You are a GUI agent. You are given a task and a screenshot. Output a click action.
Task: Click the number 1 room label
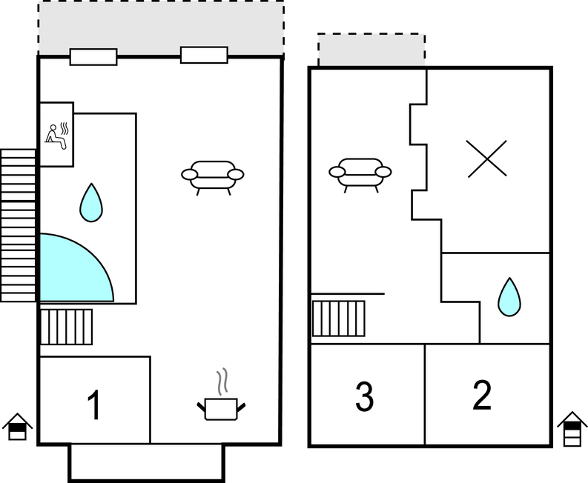point(93,405)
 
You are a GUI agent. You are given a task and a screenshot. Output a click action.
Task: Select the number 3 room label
point(364,397)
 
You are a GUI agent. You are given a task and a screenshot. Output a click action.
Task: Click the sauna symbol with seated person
point(56,134)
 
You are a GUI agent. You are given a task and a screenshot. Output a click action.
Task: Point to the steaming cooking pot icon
point(221,400)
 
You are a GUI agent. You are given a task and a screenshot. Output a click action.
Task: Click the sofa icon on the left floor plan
point(213,176)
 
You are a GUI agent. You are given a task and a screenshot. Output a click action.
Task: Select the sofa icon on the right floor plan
point(360,174)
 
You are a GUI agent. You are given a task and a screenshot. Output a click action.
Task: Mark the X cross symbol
point(488,158)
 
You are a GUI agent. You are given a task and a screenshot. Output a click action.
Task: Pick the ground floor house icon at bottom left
point(17,427)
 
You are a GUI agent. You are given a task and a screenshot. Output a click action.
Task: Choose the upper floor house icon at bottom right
point(572,428)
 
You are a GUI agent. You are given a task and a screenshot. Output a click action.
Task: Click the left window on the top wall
point(93,56)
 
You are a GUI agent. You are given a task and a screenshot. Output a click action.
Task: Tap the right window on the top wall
point(204,55)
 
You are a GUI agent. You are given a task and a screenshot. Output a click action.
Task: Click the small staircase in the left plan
point(66,327)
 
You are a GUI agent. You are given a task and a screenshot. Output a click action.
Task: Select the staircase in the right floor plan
point(338,319)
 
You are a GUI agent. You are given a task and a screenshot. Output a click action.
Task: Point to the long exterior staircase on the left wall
point(19,225)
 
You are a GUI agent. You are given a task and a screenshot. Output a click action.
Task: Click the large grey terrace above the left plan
point(161,27)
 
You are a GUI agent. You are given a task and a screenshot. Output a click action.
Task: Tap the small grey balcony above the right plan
point(371,50)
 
